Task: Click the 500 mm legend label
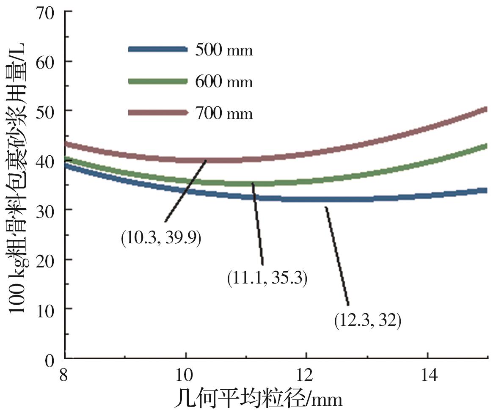(224, 50)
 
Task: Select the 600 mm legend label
(224, 81)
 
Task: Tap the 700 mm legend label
(224, 113)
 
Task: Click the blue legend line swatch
(158, 49)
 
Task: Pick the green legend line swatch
(158, 80)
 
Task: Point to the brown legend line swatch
(158, 112)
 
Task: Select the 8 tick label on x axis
(65, 376)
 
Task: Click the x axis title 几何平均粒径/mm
(258, 399)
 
